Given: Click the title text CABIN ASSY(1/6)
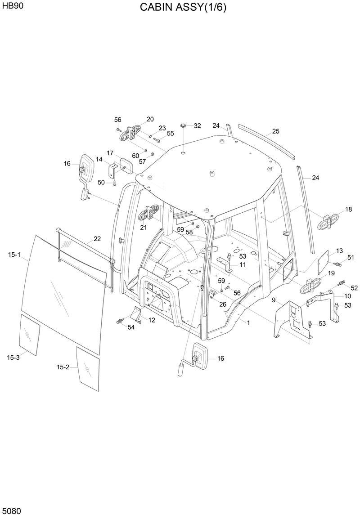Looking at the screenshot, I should pyautogui.click(x=183, y=8).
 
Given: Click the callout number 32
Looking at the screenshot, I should pyautogui.click(x=197, y=126).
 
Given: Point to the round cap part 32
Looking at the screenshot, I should pyautogui.click(x=184, y=125).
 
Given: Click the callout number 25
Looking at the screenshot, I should pyautogui.click(x=275, y=131).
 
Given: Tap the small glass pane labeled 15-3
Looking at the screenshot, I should pyautogui.click(x=29, y=335).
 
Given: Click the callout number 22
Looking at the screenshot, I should pyautogui.click(x=97, y=238).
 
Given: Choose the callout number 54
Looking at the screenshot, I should pyautogui.click(x=131, y=327).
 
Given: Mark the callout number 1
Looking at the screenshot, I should pyautogui.click(x=248, y=322).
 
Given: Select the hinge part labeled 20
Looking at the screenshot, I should pyautogui.click(x=131, y=133).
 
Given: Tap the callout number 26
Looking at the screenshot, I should pyautogui.click(x=223, y=304).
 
